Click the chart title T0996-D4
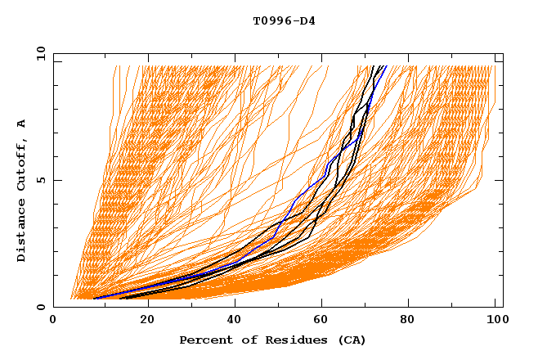pyautogui.click(x=284, y=20)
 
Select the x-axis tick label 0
pyautogui.click(x=53, y=321)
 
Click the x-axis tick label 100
pyautogui.click(x=495, y=321)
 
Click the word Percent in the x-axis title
pyautogui.click(x=204, y=340)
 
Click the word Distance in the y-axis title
pyautogui.click(x=22, y=232)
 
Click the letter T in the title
pyautogui.click(x=256, y=20)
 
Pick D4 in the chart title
pyautogui.click(x=308, y=20)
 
